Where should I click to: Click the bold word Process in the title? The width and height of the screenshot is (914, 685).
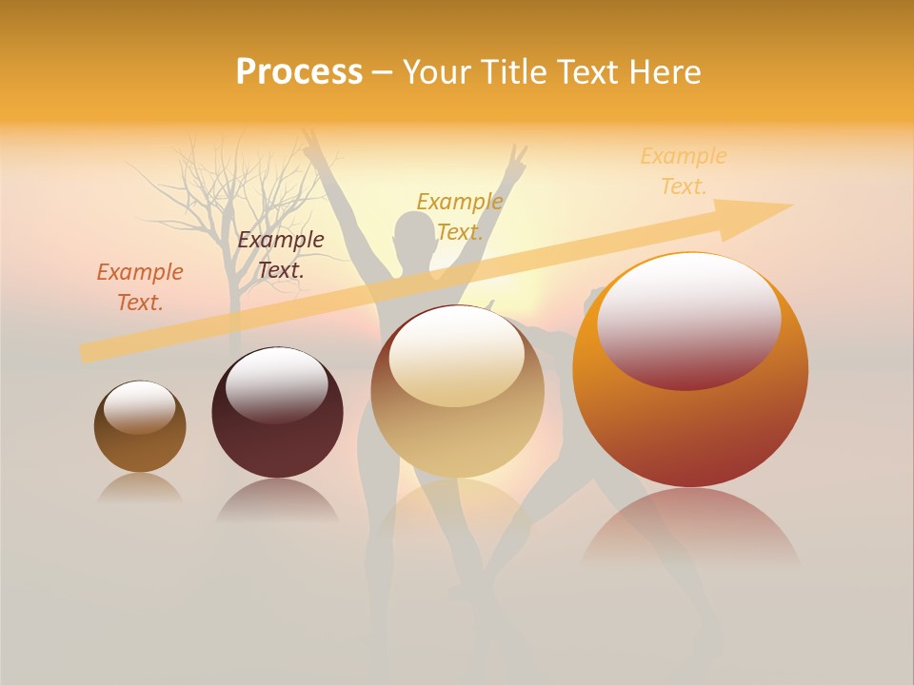tap(299, 72)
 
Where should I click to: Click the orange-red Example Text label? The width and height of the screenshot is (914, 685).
tap(140, 286)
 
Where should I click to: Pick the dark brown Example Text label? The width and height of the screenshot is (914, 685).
tap(280, 254)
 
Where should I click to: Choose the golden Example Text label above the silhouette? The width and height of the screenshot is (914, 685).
tap(460, 216)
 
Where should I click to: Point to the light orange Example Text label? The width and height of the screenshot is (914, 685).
tap(683, 170)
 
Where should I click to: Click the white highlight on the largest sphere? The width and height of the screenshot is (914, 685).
tap(689, 319)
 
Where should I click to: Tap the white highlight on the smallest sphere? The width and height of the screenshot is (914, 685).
tap(139, 406)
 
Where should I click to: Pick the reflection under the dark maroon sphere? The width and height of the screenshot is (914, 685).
tap(277, 499)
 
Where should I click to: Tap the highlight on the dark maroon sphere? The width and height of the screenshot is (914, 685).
tap(276, 383)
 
